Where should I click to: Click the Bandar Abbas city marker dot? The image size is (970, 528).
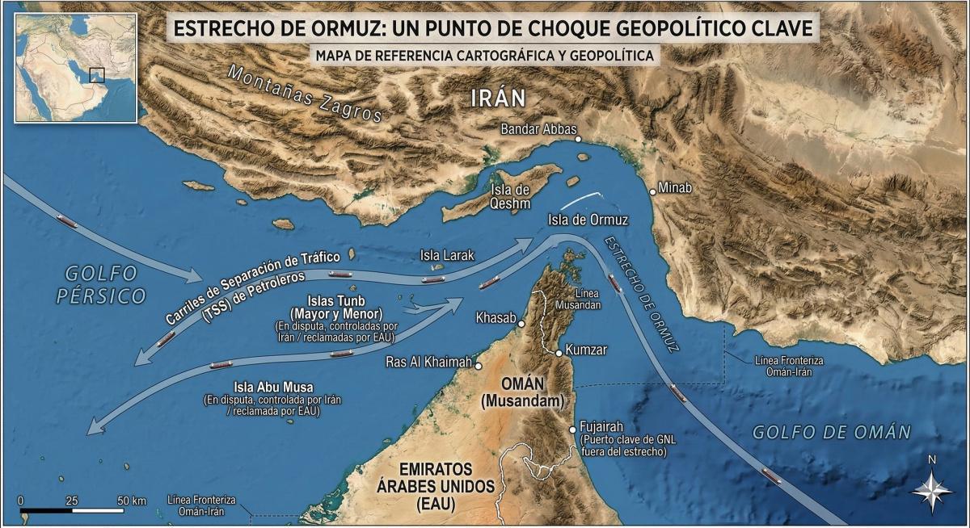pos(579,140)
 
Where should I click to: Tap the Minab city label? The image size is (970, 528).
pos(677,188)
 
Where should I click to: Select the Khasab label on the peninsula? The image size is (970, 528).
pos(495,317)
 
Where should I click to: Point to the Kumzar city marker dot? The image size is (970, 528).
pos(559,353)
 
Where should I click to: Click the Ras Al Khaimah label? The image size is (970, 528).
pos(428,362)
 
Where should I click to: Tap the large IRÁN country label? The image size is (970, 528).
pos(498,98)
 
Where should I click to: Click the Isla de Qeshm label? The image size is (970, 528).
pos(511,196)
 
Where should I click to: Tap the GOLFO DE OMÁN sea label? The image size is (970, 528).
pos(831,432)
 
